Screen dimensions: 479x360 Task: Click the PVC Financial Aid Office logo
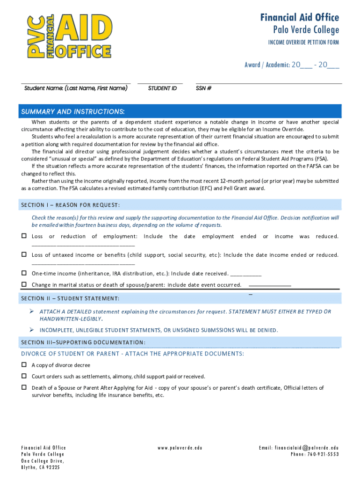[70, 36]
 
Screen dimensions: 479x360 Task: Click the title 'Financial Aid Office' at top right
[299, 18]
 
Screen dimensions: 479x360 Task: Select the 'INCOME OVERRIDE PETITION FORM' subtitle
[303, 43]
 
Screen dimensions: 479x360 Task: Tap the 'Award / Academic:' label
[266, 65]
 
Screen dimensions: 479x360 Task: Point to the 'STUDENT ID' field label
[162, 88]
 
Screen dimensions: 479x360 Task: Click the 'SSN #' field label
[204, 88]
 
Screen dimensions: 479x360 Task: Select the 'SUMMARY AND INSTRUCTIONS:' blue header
[73, 111]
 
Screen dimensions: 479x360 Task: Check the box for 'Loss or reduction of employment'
[24, 236]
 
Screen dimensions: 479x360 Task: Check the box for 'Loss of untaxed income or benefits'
[24, 254]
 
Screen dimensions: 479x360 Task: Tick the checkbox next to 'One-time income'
[24, 273]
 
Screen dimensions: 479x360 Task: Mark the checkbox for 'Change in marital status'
[24, 284]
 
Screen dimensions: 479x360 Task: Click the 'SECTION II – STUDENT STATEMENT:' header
[70, 298]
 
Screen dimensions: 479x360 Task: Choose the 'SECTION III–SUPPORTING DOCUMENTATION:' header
[83, 342]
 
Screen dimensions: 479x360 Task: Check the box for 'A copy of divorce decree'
[24, 365]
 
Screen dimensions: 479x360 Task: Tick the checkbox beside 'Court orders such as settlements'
[24, 376]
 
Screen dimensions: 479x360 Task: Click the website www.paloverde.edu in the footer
[180, 448]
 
